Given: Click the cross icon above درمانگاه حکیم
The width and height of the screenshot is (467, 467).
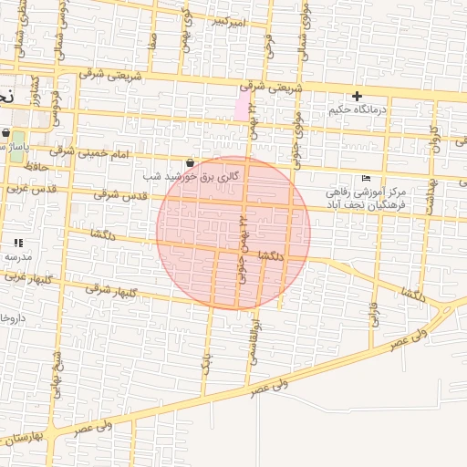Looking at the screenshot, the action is [x=357, y=96].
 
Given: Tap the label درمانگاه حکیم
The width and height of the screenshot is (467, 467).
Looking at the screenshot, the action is [x=358, y=109].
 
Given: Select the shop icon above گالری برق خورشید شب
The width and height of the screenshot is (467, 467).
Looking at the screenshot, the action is [x=190, y=161].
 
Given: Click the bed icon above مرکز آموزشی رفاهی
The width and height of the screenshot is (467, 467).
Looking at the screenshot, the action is [x=367, y=178].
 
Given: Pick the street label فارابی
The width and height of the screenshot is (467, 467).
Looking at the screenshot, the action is [x=372, y=315].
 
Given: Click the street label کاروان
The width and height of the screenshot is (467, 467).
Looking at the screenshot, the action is [x=436, y=137].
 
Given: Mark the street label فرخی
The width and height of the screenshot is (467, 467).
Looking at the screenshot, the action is [x=270, y=41].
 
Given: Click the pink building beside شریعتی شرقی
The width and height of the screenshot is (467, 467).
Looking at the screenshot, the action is [x=243, y=105].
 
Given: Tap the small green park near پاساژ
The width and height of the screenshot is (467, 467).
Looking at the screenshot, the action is [x=17, y=150].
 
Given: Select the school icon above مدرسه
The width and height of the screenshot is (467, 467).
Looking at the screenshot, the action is [x=17, y=243].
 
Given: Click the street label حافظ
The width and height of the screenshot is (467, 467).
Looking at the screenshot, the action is [x=36, y=167].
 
